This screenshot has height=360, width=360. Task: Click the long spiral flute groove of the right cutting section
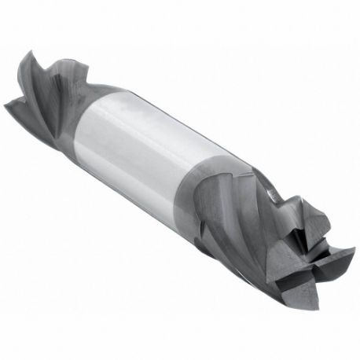236,228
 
